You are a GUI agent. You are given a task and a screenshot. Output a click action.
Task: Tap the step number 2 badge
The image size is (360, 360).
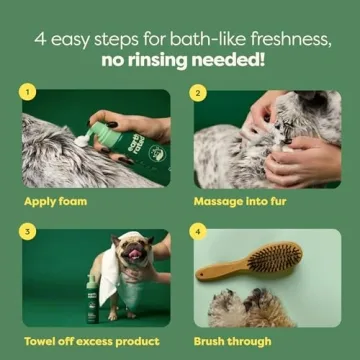(x=199, y=93)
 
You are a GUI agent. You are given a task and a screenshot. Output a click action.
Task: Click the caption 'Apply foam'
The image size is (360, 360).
(x=56, y=200)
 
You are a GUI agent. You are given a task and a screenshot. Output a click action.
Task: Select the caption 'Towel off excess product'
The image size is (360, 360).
(x=91, y=341)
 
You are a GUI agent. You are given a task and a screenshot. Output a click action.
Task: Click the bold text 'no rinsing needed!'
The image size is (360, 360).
(x=180, y=58)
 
